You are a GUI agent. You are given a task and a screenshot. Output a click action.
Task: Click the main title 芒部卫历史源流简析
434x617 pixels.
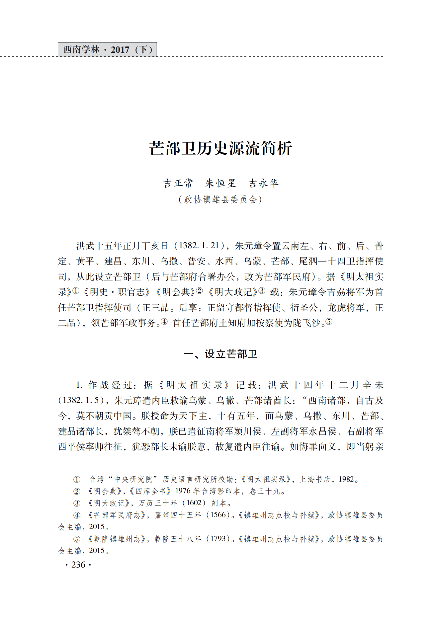(x=220, y=148)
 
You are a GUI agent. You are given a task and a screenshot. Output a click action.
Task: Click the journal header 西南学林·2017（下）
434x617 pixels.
(x=107, y=50)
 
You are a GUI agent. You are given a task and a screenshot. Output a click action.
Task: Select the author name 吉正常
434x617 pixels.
(x=178, y=183)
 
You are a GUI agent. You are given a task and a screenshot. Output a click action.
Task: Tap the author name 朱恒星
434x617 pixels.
(x=220, y=183)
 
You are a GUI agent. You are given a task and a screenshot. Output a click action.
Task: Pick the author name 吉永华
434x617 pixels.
(x=263, y=183)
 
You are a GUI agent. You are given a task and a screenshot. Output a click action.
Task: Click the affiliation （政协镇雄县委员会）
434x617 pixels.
(x=220, y=199)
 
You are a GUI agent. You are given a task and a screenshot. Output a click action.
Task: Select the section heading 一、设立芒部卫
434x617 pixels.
(x=220, y=354)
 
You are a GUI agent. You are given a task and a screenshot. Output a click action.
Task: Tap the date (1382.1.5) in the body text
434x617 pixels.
(x=80, y=400)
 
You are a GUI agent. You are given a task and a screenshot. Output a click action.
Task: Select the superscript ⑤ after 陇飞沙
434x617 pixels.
(x=328, y=321)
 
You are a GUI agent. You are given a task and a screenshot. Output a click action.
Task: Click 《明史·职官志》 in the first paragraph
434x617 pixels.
(x=118, y=292)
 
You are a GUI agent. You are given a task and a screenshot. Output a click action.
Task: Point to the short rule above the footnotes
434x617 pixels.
(x=98, y=464)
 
